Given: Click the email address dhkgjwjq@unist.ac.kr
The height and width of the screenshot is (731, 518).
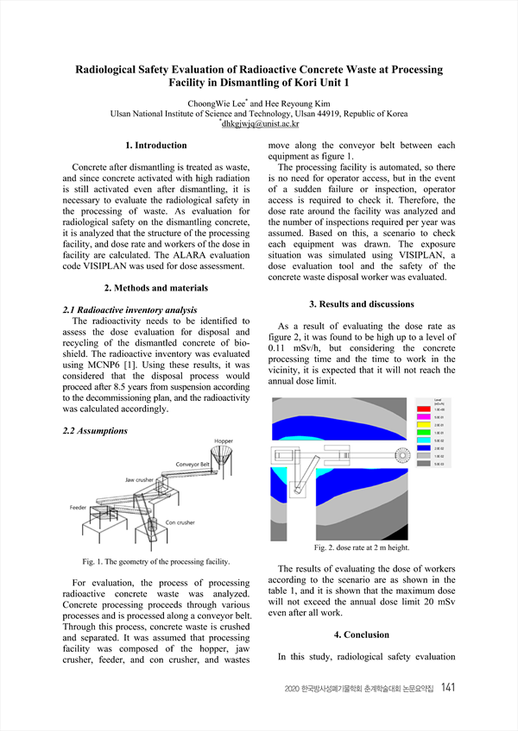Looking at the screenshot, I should click(260, 124).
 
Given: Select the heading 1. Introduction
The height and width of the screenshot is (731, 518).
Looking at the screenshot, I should click(156, 146).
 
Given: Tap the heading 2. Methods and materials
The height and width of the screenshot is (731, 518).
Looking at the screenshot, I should click(156, 288).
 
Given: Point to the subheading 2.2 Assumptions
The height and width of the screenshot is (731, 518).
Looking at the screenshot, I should click(96, 430).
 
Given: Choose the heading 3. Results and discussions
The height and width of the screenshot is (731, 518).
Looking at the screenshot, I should click(362, 304).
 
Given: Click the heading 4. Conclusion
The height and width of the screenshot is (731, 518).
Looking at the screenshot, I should click(362, 634).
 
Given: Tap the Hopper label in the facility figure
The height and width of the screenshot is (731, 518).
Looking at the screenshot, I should click(223, 441).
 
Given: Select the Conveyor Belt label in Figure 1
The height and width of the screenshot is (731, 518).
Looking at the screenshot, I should click(194, 465).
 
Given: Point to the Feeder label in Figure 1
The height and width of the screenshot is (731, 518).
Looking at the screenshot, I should click(78, 508).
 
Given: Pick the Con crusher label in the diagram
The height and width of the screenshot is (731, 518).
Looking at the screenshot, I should click(180, 523).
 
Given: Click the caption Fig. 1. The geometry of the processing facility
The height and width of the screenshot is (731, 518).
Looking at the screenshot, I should click(156, 562).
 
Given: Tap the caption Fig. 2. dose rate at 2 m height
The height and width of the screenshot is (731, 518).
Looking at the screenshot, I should click(362, 547).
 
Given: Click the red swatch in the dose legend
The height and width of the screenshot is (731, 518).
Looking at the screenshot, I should click(423, 409).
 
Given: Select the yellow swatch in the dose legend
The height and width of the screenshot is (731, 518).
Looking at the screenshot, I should click(423, 425).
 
